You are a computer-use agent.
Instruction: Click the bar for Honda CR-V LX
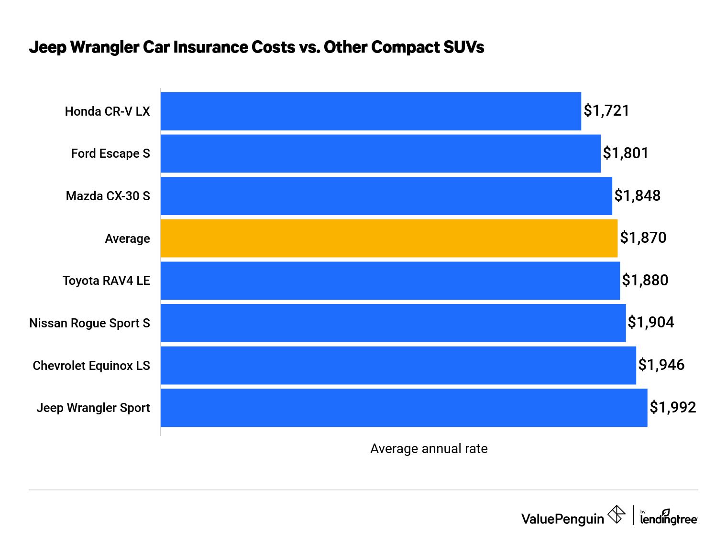tap(371, 111)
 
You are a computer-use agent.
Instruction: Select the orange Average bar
tap(389, 238)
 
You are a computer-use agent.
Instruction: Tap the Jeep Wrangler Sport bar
tap(404, 408)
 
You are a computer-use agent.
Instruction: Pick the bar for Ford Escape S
tap(380, 153)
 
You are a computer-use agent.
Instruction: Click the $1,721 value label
tap(606, 111)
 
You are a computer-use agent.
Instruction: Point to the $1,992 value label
tap(672, 408)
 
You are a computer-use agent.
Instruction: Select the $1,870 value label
tap(643, 238)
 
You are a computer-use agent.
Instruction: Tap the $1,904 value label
tap(650, 323)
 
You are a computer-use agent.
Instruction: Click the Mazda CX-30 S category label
tap(108, 196)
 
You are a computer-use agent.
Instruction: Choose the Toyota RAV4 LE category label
tap(106, 281)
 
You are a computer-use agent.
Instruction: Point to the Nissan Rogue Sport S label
tap(89, 323)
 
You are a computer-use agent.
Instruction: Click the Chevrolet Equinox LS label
tap(91, 366)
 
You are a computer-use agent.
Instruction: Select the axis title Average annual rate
tap(429, 449)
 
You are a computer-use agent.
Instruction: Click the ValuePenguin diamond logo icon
tap(616, 515)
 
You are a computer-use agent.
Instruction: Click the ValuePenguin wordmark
tap(562, 519)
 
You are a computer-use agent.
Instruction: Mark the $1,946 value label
tap(661, 365)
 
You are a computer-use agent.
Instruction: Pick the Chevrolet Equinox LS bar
tap(398, 365)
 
